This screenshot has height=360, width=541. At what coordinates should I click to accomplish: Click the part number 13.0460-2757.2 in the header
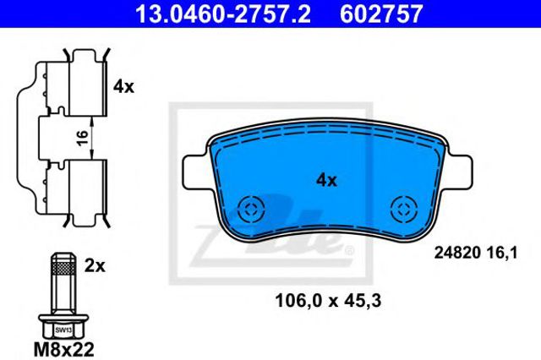pyautogui.click(x=223, y=14)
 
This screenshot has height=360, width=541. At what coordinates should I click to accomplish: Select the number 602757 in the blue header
pyautogui.click(x=381, y=14)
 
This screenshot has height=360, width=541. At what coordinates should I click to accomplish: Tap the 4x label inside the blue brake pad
pyautogui.click(x=326, y=180)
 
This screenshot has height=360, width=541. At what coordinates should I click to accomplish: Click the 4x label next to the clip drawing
pyautogui.click(x=123, y=86)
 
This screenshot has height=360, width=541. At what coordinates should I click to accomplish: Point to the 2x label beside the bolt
pyautogui.click(x=95, y=265)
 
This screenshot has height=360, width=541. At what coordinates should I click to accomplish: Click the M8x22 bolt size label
pyautogui.click(x=64, y=349)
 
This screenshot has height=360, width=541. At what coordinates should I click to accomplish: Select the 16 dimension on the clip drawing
pyautogui.click(x=83, y=138)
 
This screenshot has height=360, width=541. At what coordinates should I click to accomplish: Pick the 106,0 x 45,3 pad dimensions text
pyautogui.click(x=328, y=301)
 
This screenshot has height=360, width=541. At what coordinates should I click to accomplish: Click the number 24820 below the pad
pyautogui.click(x=457, y=254)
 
